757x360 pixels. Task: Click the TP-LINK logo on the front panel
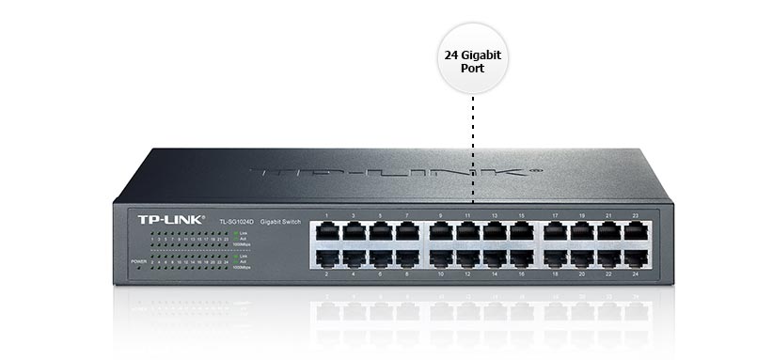pyautogui.click(x=166, y=219)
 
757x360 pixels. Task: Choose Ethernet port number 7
pyautogui.click(x=406, y=232)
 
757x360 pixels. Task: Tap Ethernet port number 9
pyautogui.click(x=440, y=232)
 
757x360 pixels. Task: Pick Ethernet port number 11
pyautogui.click(x=466, y=232)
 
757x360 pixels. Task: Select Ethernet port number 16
pyautogui.click(x=520, y=257)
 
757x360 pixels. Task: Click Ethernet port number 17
pyautogui.click(x=554, y=232)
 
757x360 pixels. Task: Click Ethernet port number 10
pyautogui.click(x=440, y=257)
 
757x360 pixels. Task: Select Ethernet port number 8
pyautogui.click(x=406, y=257)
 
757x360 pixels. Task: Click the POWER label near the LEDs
pyautogui.click(x=139, y=259)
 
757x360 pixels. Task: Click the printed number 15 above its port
pyautogui.click(x=520, y=217)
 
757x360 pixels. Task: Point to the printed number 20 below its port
pyautogui.click(x=581, y=274)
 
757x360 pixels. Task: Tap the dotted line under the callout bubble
pyautogui.click(x=473, y=150)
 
